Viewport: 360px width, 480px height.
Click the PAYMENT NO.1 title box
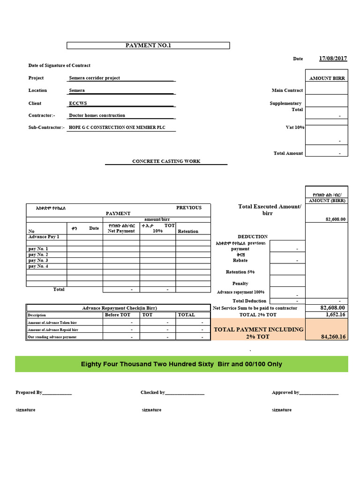tap(148, 45)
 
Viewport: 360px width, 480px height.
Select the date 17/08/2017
tap(333, 59)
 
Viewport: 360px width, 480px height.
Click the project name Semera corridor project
tap(94, 78)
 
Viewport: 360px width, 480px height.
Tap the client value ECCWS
tap(78, 103)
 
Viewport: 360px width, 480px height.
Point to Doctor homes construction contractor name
tap(97, 115)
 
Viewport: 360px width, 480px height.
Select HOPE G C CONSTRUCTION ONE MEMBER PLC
tap(117, 127)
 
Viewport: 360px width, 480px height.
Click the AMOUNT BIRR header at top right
tap(327, 78)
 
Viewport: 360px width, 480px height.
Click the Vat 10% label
tap(295, 127)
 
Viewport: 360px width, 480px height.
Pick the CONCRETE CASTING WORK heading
tap(166, 161)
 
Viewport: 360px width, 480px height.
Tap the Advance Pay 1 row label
tap(44, 237)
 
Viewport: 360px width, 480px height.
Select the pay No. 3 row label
tap(38, 260)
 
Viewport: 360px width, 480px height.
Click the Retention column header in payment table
tap(188, 231)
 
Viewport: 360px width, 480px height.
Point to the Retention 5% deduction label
tap(240, 272)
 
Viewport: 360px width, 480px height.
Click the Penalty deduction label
tap(240, 284)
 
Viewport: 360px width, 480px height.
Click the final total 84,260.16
tap(334, 337)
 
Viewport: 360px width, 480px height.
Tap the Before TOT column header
tap(118, 315)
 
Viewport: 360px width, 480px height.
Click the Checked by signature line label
tap(152, 392)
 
